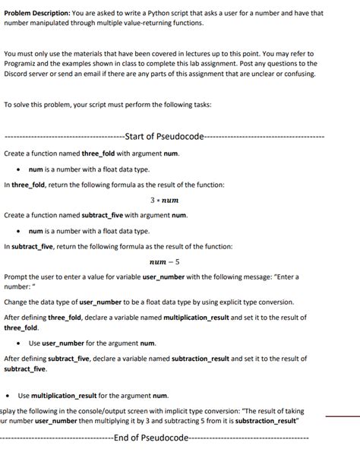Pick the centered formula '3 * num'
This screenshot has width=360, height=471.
coord(164,201)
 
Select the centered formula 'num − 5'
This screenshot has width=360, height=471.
coord(165,261)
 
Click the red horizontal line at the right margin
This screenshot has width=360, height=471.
coord(342,416)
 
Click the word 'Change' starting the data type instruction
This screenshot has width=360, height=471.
coord(18,302)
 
